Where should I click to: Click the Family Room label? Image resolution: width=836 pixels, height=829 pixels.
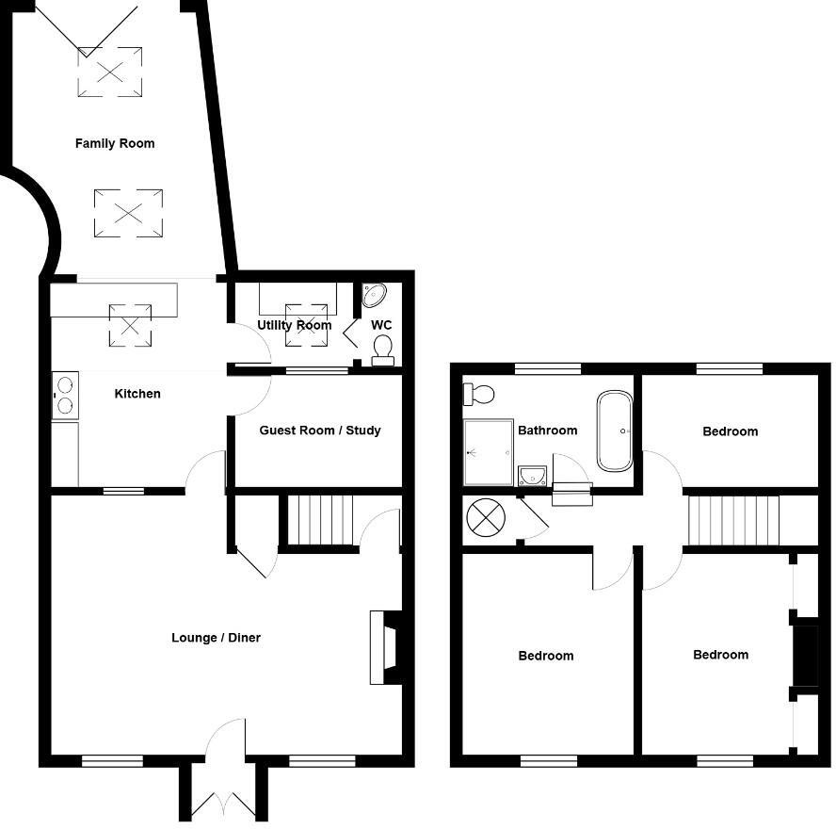coord(115,144)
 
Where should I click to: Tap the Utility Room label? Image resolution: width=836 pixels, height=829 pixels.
coord(294,326)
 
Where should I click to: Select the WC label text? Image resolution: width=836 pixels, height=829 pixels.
coord(381,326)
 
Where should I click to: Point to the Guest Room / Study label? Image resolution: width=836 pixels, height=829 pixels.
coord(320,431)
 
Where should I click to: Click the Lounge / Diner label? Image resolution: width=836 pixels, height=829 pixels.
coord(216,638)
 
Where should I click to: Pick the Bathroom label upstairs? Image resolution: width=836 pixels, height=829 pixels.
coord(547,431)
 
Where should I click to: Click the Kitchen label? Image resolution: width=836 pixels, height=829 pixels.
coord(137,394)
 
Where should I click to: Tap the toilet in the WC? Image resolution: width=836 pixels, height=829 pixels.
coord(382,351)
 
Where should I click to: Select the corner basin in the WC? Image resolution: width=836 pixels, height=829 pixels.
coord(373,295)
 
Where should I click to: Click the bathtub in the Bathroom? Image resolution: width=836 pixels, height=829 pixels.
coord(615,431)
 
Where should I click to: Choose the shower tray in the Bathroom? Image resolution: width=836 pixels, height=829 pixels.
coord(488,452)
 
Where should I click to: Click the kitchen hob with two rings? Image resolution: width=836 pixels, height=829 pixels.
coord(65,396)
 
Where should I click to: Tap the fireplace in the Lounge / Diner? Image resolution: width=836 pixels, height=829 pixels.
coord(388,647)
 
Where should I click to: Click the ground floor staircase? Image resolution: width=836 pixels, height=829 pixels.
coord(319,521)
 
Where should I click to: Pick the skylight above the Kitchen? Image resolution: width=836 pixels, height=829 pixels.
coord(130,325)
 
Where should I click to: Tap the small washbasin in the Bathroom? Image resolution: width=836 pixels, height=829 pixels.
coord(532,475)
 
